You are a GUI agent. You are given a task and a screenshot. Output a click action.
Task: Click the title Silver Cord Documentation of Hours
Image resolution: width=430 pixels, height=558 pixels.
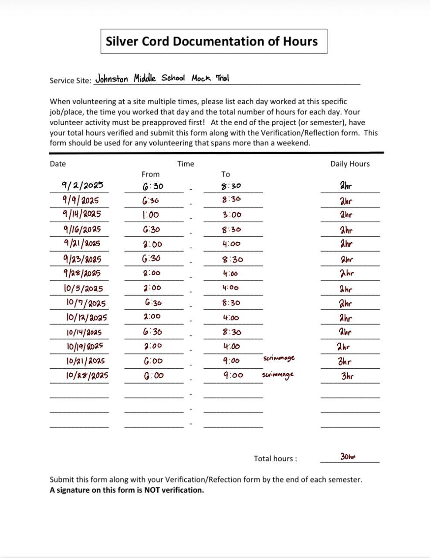pyautogui.click(x=212, y=41)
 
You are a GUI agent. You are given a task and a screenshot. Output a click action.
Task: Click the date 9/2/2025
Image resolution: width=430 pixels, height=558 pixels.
pyautogui.click(x=83, y=185)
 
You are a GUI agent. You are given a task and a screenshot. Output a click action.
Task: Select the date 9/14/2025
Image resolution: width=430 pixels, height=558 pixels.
pyautogui.click(x=82, y=214)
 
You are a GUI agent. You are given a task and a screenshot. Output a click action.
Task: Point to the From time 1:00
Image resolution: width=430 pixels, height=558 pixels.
pyautogui.click(x=151, y=214)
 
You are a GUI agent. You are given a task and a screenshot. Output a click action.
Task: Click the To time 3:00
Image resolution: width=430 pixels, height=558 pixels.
pyautogui.click(x=231, y=214)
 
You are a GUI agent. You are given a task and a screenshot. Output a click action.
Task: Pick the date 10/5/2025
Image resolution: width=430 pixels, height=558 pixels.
pyautogui.click(x=83, y=288)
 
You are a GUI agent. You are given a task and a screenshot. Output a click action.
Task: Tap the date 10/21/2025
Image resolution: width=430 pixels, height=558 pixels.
pyautogui.click(x=85, y=361)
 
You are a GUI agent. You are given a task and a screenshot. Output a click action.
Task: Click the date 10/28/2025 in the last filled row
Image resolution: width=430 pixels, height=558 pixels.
pyautogui.click(x=87, y=375)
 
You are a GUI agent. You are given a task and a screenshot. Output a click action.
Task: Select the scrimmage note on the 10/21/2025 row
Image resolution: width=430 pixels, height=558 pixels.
pyautogui.click(x=279, y=358)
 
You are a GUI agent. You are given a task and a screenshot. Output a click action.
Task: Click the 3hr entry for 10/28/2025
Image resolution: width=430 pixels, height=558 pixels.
pyautogui.click(x=347, y=376)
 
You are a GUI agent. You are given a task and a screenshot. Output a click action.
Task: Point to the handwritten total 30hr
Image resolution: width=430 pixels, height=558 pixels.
pyautogui.click(x=348, y=456)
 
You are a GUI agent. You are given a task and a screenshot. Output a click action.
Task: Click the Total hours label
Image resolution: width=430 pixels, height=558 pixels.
pyautogui.click(x=275, y=459)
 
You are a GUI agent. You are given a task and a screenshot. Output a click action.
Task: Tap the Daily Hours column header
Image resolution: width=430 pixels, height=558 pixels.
pyautogui.click(x=350, y=164)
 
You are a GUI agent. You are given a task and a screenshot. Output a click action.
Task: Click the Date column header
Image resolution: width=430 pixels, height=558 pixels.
pyautogui.click(x=58, y=164)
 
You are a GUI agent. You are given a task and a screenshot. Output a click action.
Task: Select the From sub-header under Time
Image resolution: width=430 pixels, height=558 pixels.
pyautogui.click(x=150, y=174)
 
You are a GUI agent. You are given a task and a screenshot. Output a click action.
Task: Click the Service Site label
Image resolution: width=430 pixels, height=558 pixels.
pyautogui.click(x=70, y=81)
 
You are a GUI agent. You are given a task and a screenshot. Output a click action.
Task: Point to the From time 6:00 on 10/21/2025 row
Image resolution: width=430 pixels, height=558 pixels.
pyautogui.click(x=153, y=361)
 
